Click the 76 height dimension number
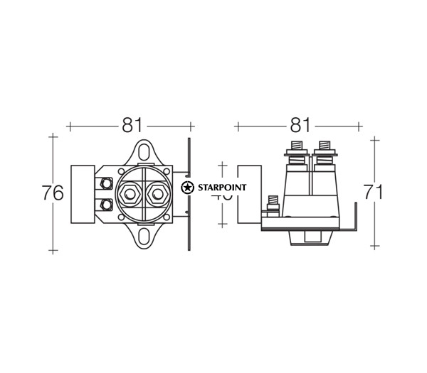click(x=53, y=193)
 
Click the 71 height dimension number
click(x=373, y=192)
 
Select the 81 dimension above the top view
click(x=130, y=125)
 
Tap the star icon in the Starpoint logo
click(x=187, y=188)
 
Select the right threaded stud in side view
click(x=325, y=151)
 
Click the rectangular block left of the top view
click(x=85, y=193)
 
